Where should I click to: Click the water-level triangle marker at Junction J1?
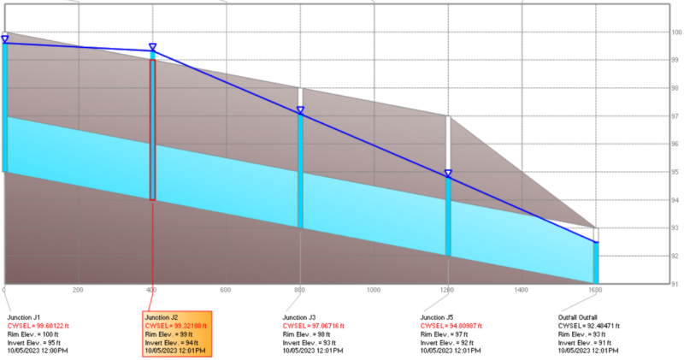pos(5,38)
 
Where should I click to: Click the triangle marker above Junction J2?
pos(153,47)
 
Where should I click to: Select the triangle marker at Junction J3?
pos(300,110)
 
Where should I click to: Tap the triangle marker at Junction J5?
pos(448,174)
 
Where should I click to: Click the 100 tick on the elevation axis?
pos(675,32)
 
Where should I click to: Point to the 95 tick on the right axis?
pos(675,172)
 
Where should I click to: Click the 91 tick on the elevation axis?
pos(675,283)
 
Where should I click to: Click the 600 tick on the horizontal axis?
pos(227,291)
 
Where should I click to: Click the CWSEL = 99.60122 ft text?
pos(37,326)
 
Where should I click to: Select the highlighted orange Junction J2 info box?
pos(175,334)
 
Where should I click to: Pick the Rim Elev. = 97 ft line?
pos(442,334)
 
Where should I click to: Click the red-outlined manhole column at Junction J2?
pos(153,128)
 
